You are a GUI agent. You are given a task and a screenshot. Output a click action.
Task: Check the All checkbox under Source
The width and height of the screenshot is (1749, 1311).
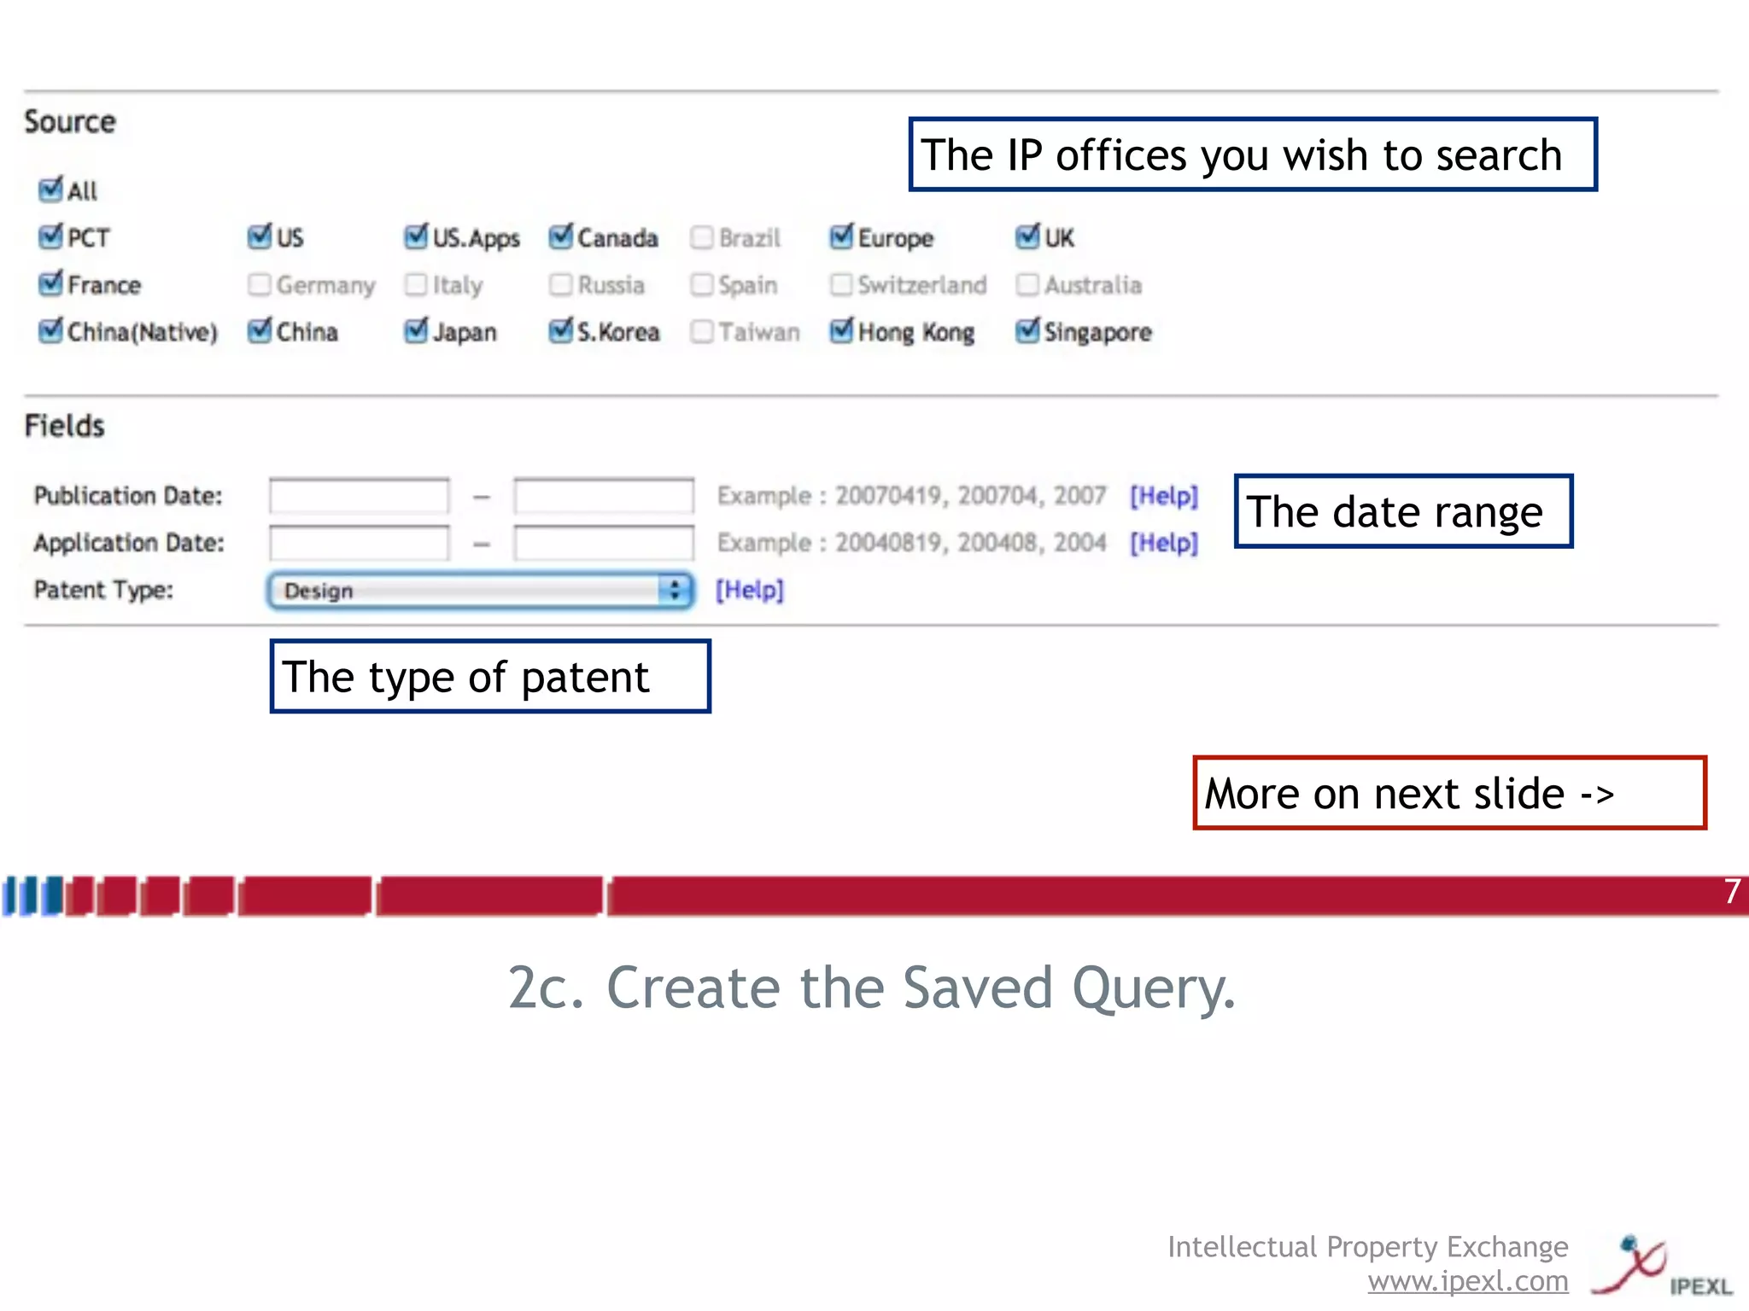[50, 189]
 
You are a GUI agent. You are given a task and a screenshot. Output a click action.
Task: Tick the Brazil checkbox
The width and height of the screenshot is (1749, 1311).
[701, 237]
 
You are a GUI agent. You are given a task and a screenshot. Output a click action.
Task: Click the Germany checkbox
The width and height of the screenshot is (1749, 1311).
[259, 284]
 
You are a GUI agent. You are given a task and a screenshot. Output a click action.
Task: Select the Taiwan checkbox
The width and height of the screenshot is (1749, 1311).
[701, 331]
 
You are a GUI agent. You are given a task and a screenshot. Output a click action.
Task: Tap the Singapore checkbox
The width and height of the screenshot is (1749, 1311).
[1027, 331]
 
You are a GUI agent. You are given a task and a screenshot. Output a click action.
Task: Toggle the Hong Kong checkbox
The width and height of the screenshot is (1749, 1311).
[841, 331]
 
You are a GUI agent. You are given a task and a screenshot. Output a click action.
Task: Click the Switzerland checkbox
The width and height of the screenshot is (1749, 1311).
[841, 284]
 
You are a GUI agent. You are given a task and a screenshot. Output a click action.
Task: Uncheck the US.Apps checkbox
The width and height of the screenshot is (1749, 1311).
[416, 237]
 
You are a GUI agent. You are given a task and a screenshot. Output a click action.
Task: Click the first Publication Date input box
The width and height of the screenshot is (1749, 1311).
[359, 496]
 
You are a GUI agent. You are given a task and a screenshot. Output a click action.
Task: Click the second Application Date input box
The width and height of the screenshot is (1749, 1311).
[603, 543]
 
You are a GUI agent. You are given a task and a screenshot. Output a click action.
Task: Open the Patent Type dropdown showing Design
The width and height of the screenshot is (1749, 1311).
[480, 591]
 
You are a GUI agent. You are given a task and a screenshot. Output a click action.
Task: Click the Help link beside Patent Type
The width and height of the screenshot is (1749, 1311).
[749, 590]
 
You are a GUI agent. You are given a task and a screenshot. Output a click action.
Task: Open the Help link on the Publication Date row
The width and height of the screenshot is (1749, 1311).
[1163, 496]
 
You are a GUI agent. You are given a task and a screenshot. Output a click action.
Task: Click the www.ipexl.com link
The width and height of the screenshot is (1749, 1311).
[1467, 1281]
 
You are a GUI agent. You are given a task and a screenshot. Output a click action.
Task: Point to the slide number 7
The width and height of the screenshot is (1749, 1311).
[1732, 892]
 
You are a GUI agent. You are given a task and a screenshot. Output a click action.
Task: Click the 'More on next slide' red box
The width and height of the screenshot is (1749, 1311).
[1448, 793]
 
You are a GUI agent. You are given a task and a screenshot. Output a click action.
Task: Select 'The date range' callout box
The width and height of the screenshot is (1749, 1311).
[1402, 511]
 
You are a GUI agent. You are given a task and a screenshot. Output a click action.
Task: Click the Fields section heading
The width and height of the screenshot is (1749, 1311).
[64, 425]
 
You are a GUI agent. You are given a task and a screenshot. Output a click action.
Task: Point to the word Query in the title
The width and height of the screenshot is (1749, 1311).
[1153, 988]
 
